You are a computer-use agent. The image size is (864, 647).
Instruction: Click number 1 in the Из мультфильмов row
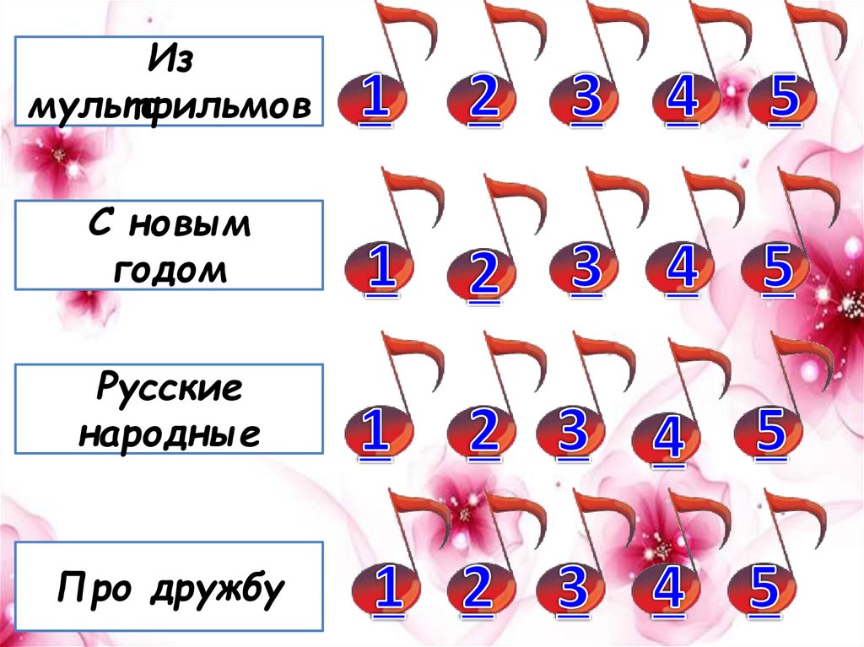pos(376,98)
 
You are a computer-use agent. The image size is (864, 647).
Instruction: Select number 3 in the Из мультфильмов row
pos(586,98)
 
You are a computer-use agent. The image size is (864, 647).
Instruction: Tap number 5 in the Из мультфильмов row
pos(785,98)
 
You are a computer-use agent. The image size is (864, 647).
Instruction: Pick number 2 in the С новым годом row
pos(484,274)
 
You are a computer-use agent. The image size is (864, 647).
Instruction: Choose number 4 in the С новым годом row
pos(682,267)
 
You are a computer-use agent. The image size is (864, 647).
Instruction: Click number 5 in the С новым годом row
pos(778,267)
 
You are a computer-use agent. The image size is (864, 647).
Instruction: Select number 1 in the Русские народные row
pos(376,430)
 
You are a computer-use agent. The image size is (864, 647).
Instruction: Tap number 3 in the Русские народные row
pos(574,428)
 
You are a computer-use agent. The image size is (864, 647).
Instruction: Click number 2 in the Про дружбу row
pos(478,588)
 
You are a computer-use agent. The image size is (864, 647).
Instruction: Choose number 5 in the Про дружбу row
pos(764,588)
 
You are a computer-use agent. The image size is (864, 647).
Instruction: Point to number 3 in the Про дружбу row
pos(574,588)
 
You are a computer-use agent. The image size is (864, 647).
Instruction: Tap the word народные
pos(170,433)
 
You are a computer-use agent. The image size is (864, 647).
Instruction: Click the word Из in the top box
pos(170,63)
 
